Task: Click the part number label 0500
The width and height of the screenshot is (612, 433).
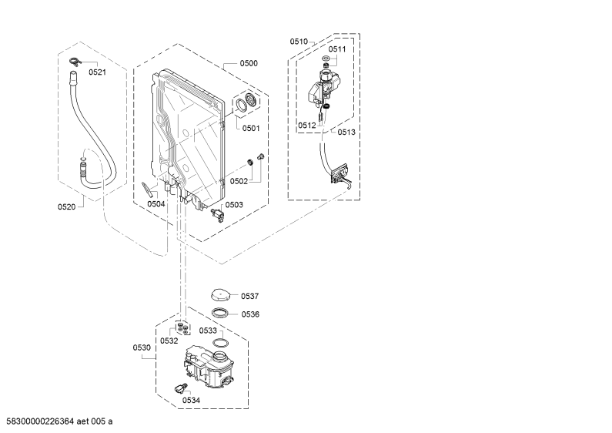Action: pyautogui.click(x=249, y=63)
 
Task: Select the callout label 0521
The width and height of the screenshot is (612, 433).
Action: pyautogui.click(x=97, y=72)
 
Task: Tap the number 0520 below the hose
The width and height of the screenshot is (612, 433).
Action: pyautogui.click(x=66, y=206)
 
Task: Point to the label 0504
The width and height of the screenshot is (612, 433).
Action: pyautogui.click(x=156, y=203)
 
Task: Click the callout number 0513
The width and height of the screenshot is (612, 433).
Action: pyautogui.click(x=346, y=132)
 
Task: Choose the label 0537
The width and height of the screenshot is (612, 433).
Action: pyautogui.click(x=249, y=296)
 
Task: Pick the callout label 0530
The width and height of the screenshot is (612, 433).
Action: pyautogui.click(x=142, y=347)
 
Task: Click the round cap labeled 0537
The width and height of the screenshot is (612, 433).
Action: pyautogui.click(x=220, y=294)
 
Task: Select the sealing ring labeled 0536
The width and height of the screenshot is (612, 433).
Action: pyautogui.click(x=220, y=313)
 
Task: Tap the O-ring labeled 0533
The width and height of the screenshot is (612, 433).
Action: pyautogui.click(x=220, y=343)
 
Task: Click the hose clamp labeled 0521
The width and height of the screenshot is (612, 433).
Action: pyautogui.click(x=74, y=62)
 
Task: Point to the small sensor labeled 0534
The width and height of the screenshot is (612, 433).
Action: pyautogui.click(x=180, y=388)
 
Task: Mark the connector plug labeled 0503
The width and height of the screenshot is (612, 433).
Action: pyautogui.click(x=217, y=215)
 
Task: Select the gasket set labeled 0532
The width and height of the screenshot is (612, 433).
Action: pyautogui.click(x=182, y=327)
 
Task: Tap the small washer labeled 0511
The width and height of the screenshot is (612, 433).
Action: pyautogui.click(x=326, y=59)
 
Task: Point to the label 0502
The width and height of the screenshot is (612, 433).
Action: pyautogui.click(x=239, y=181)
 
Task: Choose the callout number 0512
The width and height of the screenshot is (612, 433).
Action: pyautogui.click(x=307, y=126)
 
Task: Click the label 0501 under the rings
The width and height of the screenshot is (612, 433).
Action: pyautogui.click(x=251, y=128)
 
